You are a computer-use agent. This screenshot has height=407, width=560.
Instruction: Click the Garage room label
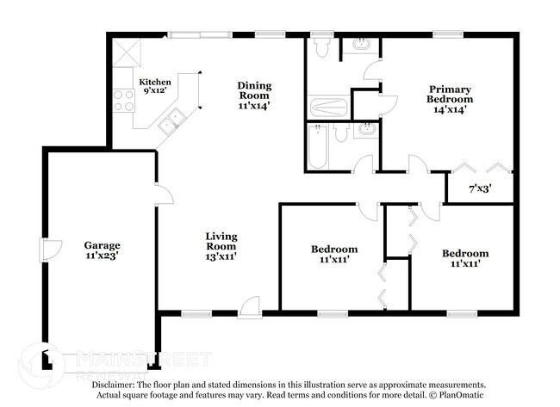[x=102, y=245]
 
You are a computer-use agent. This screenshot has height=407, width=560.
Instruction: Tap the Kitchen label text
[x=155, y=82]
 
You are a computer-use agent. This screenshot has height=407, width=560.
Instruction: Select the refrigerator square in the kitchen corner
[x=124, y=51]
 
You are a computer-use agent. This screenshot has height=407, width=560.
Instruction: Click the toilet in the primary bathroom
[x=323, y=48]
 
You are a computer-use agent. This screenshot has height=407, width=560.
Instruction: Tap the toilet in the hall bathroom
[x=342, y=133]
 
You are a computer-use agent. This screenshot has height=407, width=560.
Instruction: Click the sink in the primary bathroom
[x=359, y=44]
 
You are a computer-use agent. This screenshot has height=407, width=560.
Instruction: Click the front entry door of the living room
[x=250, y=305]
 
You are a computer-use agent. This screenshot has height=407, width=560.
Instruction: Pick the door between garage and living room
[x=163, y=194]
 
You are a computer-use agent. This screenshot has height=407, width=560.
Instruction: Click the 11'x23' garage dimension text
[x=102, y=256]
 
